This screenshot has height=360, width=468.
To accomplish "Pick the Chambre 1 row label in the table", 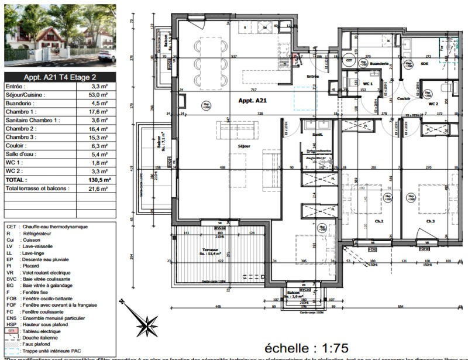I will point(20,111).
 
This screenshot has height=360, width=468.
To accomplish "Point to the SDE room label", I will point(424,63).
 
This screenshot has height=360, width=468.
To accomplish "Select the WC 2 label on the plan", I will point(433,103).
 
